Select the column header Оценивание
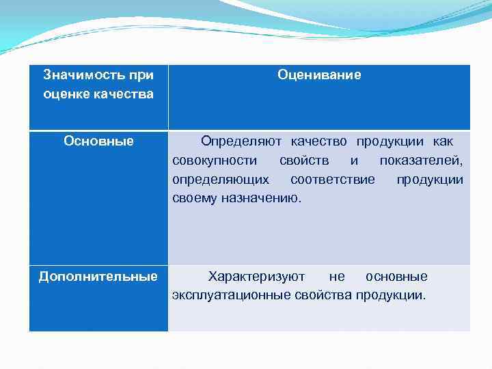tap(319, 74)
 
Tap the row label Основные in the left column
tap(98, 141)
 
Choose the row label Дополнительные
tap(98, 276)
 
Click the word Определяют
tap(242, 141)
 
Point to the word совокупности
tap(215, 161)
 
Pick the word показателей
tap(421, 161)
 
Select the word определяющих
tap(220, 180)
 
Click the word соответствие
tap(332, 180)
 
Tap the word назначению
tap(260, 199)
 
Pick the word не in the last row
tap(337, 276)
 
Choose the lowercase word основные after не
tap(396, 276)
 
